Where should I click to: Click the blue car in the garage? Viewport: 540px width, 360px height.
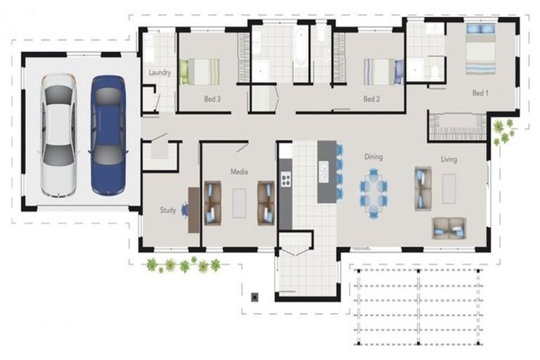click(x=108, y=136)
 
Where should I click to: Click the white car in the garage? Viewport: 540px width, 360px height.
click(x=58, y=136)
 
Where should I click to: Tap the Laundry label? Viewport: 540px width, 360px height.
click(x=160, y=72)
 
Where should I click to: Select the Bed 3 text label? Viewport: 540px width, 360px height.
click(x=212, y=99)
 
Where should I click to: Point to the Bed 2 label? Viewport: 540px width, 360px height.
click(x=371, y=99)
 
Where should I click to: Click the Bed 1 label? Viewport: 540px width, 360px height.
click(x=480, y=93)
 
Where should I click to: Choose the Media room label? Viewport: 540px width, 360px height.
click(x=239, y=172)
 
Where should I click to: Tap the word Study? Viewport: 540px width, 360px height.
click(x=168, y=210)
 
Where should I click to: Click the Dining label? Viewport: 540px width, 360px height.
click(x=373, y=157)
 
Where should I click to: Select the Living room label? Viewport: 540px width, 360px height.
click(x=449, y=159)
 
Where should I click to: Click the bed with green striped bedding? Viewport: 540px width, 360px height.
click(x=200, y=72)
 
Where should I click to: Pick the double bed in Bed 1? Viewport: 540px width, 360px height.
click(x=481, y=49)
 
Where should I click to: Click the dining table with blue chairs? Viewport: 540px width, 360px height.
click(x=374, y=193)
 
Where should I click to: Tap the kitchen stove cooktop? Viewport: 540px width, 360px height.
click(x=286, y=179)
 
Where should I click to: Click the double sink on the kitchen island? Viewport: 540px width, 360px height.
click(x=323, y=172)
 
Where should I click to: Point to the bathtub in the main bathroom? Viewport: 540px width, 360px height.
click(x=300, y=48)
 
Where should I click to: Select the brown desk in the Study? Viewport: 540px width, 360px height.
click(x=193, y=210)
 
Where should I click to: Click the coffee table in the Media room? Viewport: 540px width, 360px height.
click(x=239, y=203)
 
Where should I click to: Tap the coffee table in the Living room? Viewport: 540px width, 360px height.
click(x=449, y=188)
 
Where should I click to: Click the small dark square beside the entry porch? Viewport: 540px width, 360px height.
click(x=255, y=297)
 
